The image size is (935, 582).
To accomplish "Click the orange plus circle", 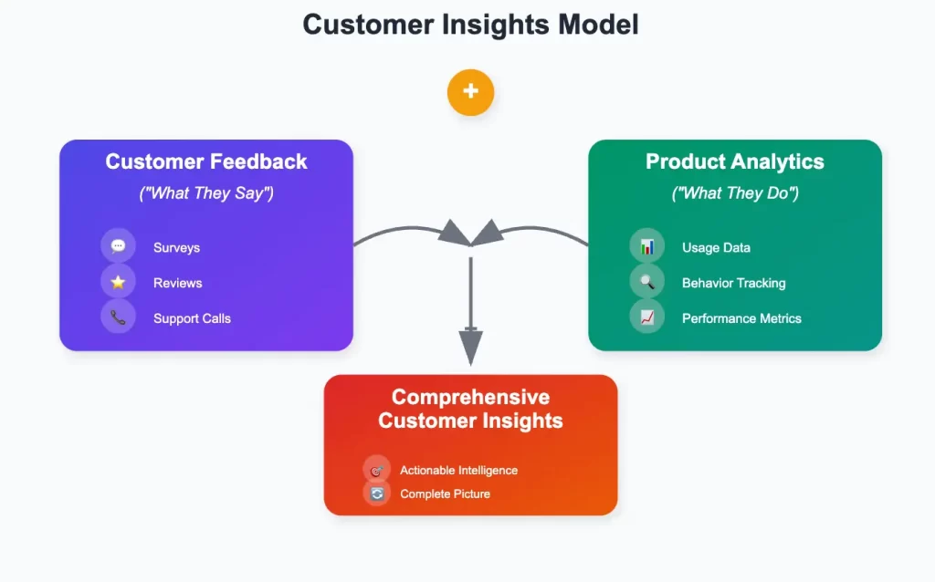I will tap(470, 91).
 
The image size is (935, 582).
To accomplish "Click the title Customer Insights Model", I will tap(470, 25).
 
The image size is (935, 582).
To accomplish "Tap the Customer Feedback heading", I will tap(206, 162).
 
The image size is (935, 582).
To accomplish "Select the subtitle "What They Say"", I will tap(206, 193).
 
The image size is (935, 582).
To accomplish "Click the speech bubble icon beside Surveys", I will tap(118, 246).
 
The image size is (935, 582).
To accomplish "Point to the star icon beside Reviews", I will tap(118, 283).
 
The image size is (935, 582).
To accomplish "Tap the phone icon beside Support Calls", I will tap(118, 317).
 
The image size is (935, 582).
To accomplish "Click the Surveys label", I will tap(176, 247).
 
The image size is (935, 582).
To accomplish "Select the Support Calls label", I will tap(192, 318).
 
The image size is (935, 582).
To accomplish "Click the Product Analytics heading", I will tap(735, 162).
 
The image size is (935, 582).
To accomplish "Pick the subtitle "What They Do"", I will tap(735, 193).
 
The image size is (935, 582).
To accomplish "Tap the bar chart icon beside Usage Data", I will tap(647, 246).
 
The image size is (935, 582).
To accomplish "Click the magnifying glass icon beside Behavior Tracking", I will tap(647, 283).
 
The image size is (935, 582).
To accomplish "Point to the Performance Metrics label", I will tap(741, 318).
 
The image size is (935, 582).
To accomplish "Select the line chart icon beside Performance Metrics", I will tap(647, 317).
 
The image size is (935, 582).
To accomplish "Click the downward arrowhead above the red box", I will tap(470, 347).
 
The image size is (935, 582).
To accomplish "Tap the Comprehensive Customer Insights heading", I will tap(470, 409).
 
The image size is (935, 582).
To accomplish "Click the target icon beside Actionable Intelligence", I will tap(376, 470).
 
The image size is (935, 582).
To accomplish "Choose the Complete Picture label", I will tap(445, 494).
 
